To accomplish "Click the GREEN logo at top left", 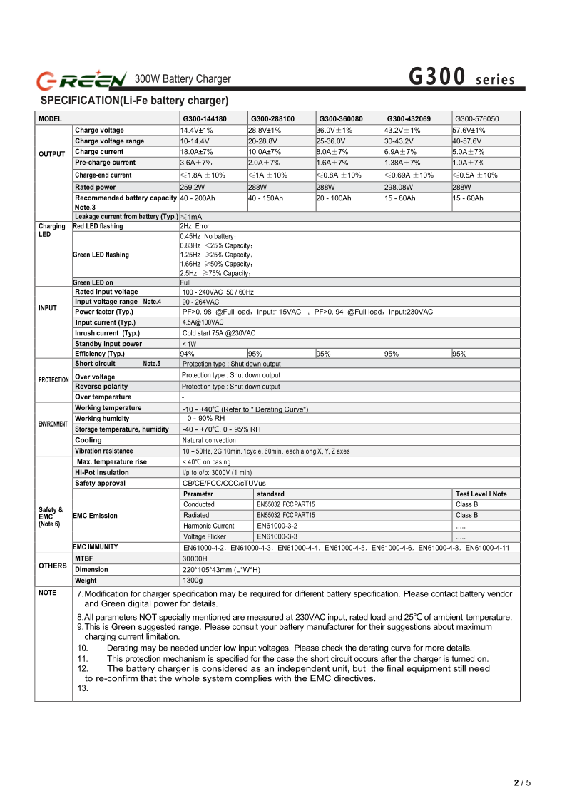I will (81, 78).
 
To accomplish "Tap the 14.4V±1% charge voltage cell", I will (197, 131).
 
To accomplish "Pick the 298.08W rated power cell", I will (402, 187).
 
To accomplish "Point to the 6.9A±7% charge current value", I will (401, 152).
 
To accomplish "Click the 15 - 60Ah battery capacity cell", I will (468, 198).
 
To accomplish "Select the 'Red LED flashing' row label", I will (98, 226).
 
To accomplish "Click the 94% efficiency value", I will (188, 354).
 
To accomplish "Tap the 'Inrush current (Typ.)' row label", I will (107, 333).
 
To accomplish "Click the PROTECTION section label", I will (53, 380).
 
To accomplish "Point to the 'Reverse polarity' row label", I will (101, 387).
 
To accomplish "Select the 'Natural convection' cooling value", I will (209, 440).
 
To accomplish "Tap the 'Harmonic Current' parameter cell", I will (208, 526).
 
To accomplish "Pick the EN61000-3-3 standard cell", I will (277, 536).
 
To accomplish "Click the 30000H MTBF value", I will (195, 558).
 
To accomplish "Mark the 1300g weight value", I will (193, 581).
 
